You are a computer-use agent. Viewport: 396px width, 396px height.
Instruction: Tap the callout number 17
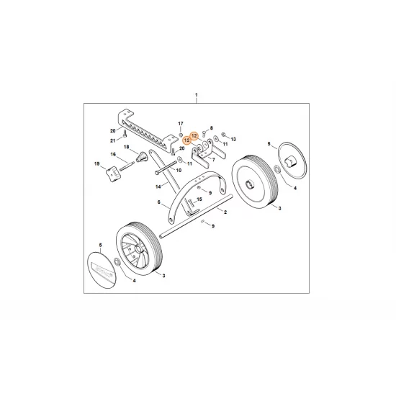181,124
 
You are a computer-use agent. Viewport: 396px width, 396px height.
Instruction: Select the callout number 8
212,127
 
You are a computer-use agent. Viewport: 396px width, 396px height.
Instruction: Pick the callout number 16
112,155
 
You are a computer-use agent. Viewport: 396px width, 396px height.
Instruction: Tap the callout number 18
126,147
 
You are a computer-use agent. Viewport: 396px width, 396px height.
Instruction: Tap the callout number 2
225,212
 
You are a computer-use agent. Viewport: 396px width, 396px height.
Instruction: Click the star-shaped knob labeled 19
111,173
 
